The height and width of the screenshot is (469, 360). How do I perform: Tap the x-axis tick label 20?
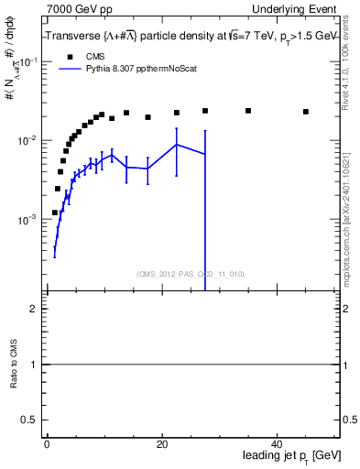pyautogui.click(x=162, y=443)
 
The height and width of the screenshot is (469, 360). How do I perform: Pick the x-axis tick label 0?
pyautogui.click(x=47, y=443)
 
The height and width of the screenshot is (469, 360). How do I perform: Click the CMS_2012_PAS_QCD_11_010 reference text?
pyautogui.click(x=191, y=274)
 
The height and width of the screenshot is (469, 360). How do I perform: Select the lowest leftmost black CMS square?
pyautogui.click(x=55, y=213)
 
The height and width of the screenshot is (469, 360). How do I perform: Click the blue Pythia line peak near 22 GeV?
pyautogui.click(x=177, y=145)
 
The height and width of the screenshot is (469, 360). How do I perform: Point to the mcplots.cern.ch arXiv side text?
pyautogui.click(x=349, y=220)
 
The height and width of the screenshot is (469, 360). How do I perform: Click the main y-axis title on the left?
pyautogui.click(x=14, y=96)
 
